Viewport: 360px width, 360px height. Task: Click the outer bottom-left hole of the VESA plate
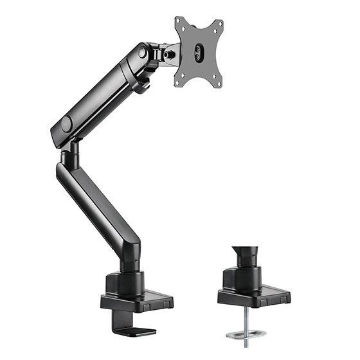(x=179, y=82)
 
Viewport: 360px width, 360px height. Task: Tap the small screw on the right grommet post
(x=257, y=256)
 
